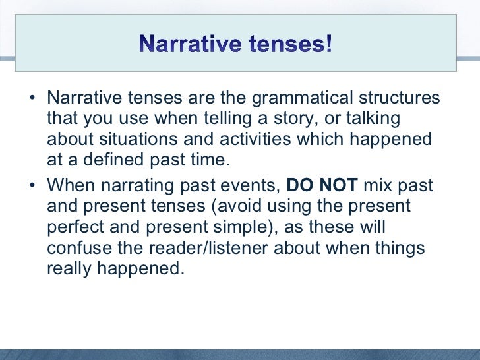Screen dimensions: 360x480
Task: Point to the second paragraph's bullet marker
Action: pyautogui.click(x=32, y=186)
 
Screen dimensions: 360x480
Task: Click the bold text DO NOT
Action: pyautogui.click(x=322, y=186)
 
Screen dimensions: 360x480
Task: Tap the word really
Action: pyautogui.click(x=69, y=270)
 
